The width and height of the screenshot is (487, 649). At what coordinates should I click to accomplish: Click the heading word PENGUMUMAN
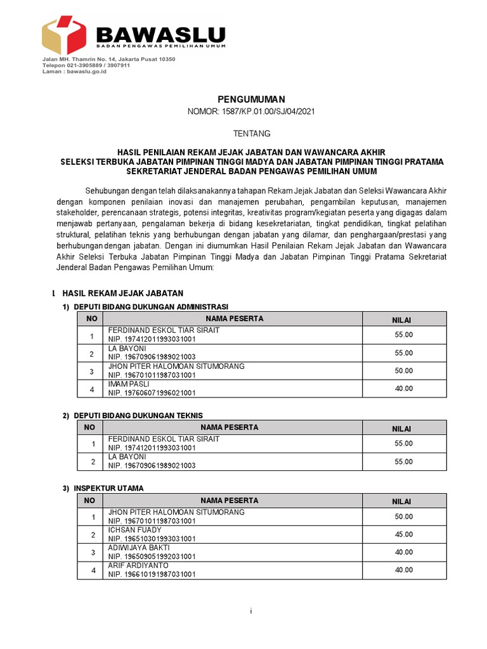252,99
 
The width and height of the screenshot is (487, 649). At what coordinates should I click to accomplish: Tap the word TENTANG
252,134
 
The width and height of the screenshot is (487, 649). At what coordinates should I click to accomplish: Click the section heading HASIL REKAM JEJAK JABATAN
122,293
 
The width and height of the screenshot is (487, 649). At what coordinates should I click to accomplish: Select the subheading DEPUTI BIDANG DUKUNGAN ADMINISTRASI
151,307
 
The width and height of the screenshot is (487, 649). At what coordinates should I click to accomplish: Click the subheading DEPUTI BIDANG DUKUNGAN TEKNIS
138,415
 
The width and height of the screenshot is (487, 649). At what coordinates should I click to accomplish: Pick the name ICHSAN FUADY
135,530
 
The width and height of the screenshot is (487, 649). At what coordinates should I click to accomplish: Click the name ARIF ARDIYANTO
138,565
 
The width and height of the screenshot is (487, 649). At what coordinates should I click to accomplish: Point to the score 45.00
404,534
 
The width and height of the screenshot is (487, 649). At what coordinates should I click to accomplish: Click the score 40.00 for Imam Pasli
404,389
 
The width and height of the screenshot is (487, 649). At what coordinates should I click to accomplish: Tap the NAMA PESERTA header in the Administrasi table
234,319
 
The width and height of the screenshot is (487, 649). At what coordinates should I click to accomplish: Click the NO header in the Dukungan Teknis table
91,428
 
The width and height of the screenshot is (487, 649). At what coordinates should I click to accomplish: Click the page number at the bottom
251,611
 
